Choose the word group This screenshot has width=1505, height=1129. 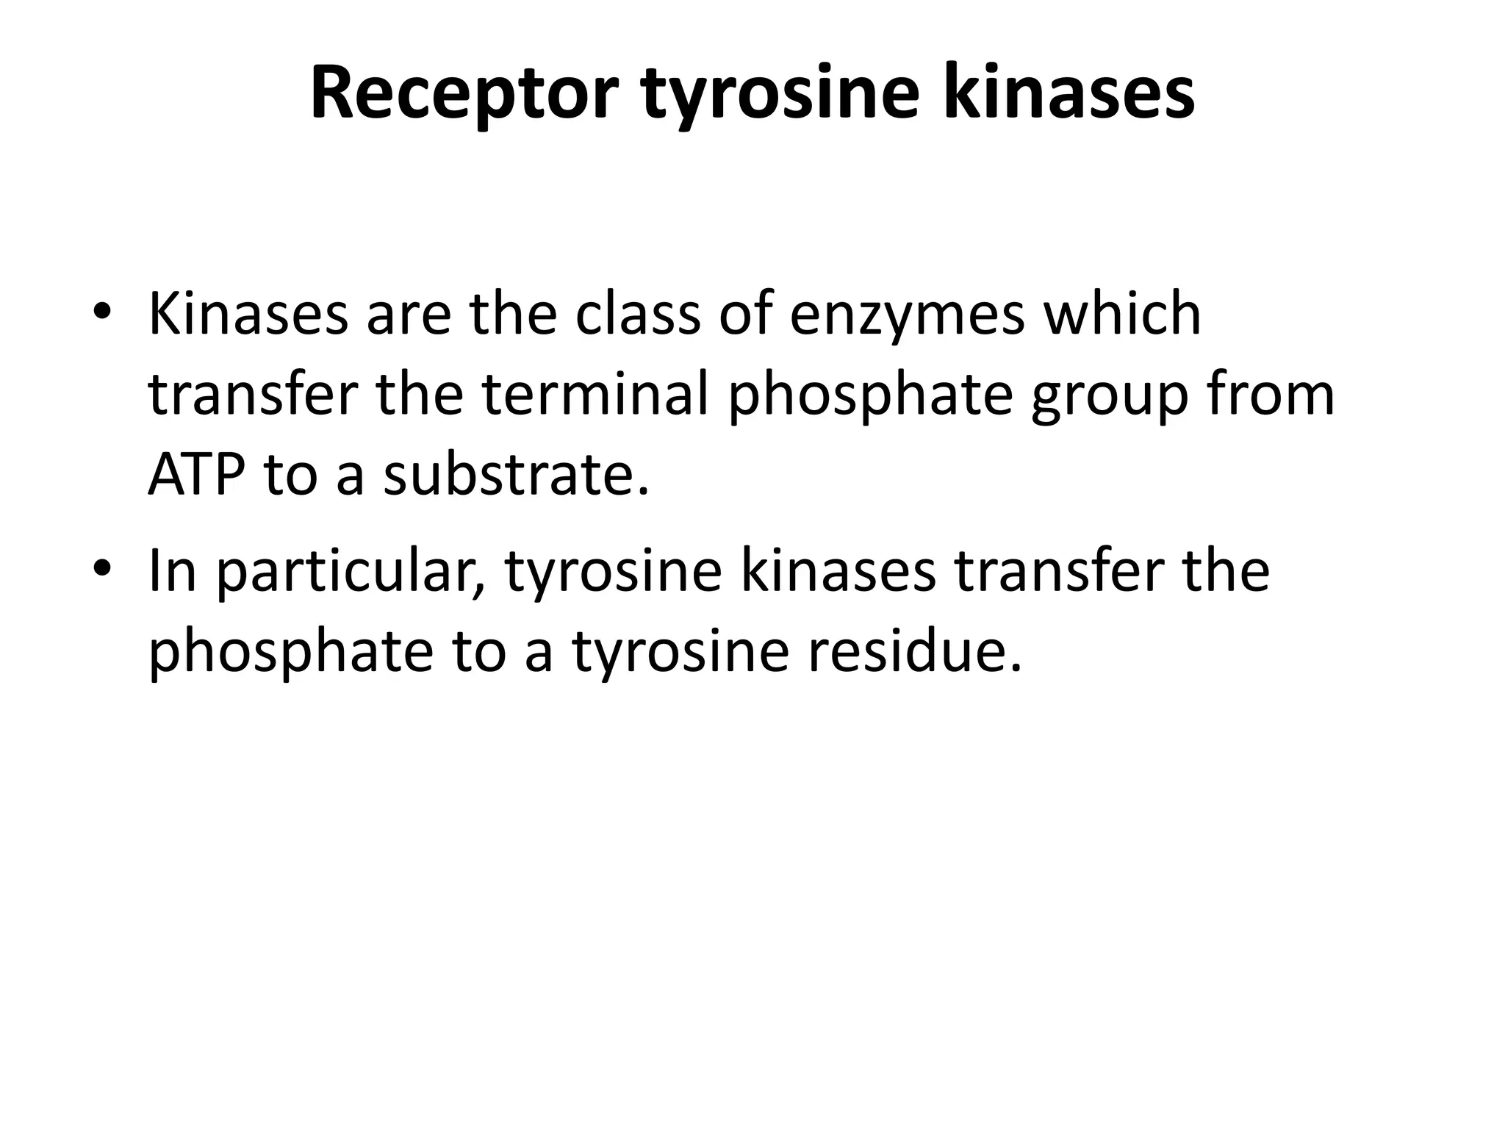[x=1110, y=395]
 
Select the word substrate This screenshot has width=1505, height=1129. [x=517, y=476]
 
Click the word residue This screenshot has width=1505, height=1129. [x=916, y=652]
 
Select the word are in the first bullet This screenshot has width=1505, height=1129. [x=409, y=315]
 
